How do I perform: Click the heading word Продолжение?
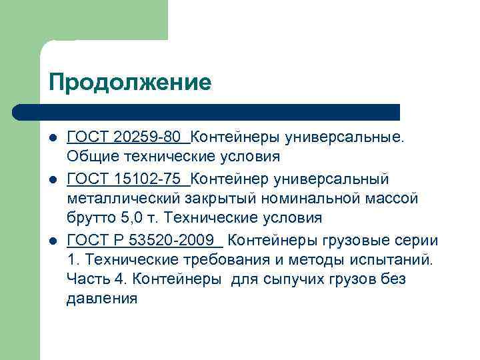129,82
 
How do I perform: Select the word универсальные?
344,137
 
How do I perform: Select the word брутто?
89,218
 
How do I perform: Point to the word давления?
102,299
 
